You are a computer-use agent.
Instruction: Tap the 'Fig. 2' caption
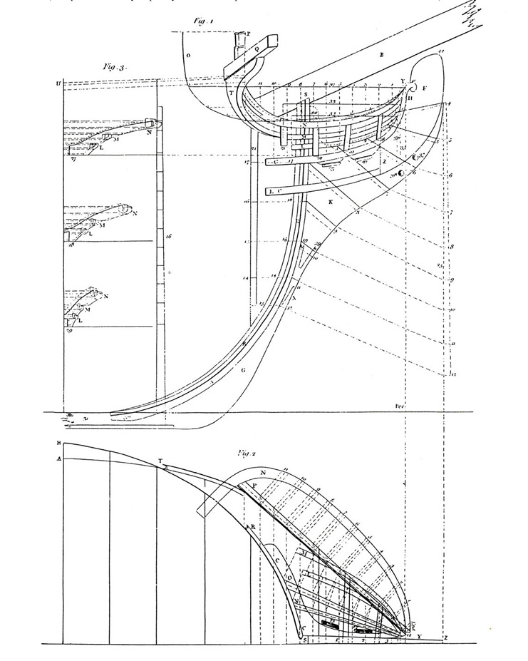click(x=247, y=452)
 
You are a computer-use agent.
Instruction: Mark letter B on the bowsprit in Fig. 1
click(x=382, y=54)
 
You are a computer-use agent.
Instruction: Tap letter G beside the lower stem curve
click(x=244, y=370)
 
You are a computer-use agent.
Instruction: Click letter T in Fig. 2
click(x=160, y=460)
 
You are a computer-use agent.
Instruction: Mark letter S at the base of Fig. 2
click(x=305, y=640)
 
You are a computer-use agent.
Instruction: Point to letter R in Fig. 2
click(x=252, y=526)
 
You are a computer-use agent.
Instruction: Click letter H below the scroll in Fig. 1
click(x=411, y=98)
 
